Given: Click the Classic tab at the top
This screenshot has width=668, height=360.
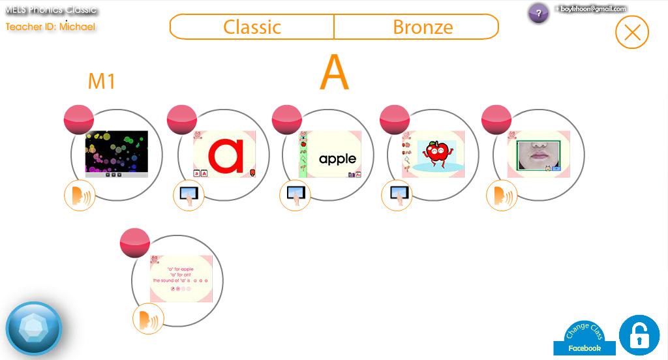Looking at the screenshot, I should point(252,27).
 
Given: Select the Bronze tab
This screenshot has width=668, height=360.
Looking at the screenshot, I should point(422,27).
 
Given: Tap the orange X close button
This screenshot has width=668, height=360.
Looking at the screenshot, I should point(631,32).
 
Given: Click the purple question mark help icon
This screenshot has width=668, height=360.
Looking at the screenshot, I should point(538,13).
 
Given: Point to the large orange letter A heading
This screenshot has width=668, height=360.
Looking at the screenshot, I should point(334,73).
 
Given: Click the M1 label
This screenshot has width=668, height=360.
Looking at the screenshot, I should point(102,82).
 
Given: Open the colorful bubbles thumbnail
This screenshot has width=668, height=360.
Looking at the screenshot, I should point(117,154).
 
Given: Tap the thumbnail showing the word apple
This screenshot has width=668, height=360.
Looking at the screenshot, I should point(329,154).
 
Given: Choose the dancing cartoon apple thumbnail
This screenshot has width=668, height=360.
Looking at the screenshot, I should point(433,154).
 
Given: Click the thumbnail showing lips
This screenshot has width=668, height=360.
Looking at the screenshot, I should point(538,154).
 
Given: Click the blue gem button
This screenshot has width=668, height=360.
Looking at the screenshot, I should point(33,327).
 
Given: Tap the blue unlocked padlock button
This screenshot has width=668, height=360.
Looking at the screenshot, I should point(639,335).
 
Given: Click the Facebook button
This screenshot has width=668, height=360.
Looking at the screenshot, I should point(584,348).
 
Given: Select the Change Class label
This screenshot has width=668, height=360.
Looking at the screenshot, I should point(584,331).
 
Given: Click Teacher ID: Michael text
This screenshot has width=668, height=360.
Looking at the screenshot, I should point(50,27).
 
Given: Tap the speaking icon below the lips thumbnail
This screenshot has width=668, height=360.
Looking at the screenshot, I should point(502,195).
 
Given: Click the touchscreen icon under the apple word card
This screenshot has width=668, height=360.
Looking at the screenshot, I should point(294,195).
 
